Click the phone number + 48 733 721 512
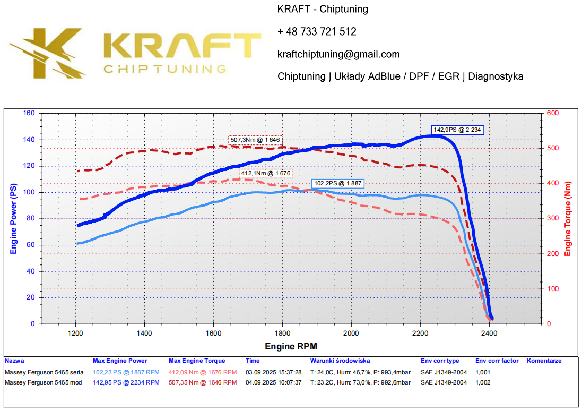pyautogui.click(x=317, y=32)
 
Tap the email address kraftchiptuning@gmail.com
pyautogui.click(x=338, y=54)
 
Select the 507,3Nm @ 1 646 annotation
pyautogui.click(x=255, y=140)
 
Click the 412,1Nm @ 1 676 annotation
pyautogui.click(x=266, y=173)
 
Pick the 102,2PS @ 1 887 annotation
pyautogui.click(x=338, y=183)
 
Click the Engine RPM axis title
pyautogui.click(x=291, y=347)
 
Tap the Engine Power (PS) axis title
pyautogui.click(x=14, y=218)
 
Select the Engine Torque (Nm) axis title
pyautogui.click(x=568, y=218)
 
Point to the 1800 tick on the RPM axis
pyautogui.click(x=282, y=334)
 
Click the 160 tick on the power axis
pyautogui.click(x=29, y=113)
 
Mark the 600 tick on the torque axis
pyautogui.click(x=553, y=113)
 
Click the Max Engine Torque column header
pyautogui.click(x=197, y=361)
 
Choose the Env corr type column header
pyautogui.click(x=440, y=361)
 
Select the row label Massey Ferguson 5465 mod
pyautogui.click(x=44, y=382)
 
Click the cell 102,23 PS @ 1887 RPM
pyautogui.click(x=126, y=372)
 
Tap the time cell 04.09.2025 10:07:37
pyautogui.click(x=274, y=382)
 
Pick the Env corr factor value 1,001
pyautogui.click(x=483, y=372)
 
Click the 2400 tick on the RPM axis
pyautogui.click(x=489, y=334)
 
